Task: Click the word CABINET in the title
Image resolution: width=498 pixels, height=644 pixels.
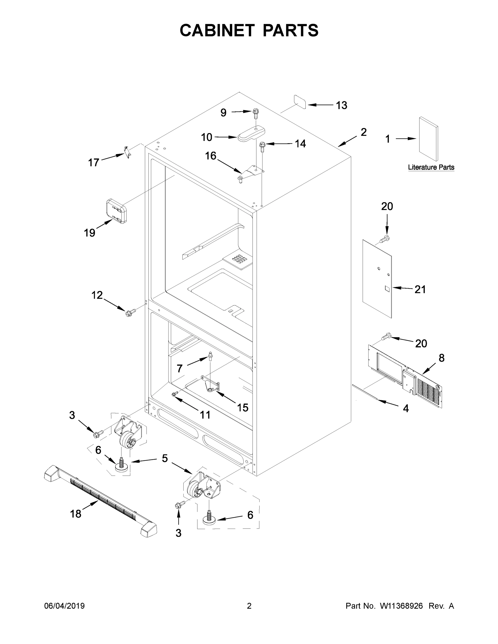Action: (217, 30)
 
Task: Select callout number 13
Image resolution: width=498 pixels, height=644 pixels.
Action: (342, 105)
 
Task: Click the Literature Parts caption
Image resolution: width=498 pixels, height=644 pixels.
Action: (431, 167)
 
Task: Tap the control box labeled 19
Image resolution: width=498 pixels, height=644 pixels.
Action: (116, 211)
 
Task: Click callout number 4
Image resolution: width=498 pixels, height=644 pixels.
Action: (406, 408)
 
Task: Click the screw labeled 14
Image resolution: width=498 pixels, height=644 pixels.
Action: (262, 146)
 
